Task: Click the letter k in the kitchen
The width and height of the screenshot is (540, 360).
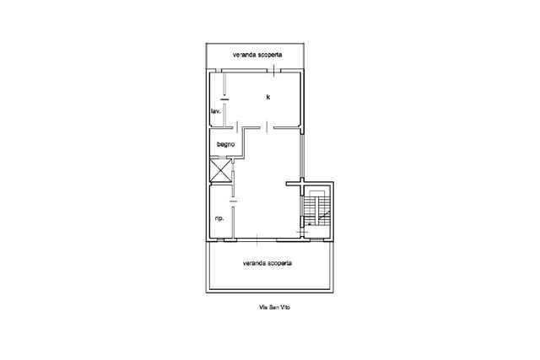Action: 268,97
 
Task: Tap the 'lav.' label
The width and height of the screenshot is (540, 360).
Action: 216,111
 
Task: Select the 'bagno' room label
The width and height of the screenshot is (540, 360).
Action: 226,144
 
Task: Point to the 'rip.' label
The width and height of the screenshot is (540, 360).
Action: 219,218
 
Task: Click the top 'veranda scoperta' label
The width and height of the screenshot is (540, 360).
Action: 257,54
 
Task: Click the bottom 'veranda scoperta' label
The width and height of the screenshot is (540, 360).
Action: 267,263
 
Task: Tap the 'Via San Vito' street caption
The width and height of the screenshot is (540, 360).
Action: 274,307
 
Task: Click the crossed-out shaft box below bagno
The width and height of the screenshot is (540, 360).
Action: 220,170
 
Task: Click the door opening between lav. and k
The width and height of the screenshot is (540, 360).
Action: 224,99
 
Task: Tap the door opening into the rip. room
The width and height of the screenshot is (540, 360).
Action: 234,201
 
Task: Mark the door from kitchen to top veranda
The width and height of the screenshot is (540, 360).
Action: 273,71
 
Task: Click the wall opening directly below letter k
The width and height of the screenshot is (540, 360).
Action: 267,127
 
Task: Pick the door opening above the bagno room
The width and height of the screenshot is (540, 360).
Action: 238,127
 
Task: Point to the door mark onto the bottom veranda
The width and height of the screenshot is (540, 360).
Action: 256,239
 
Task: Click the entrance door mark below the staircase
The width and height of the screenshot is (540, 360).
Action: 303,233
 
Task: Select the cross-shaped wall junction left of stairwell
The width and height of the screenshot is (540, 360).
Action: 302,185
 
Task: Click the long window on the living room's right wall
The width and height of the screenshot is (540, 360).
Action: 302,156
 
